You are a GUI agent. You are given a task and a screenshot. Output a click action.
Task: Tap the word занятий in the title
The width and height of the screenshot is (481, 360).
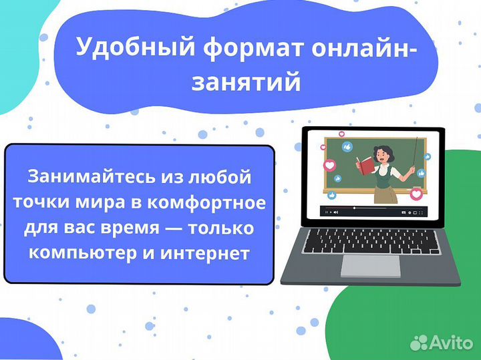click(x=245, y=82)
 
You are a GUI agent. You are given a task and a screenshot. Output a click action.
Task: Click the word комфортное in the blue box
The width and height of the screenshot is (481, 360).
click(x=215, y=202)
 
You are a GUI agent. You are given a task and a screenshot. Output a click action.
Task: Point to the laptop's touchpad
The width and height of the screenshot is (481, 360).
click(x=370, y=266)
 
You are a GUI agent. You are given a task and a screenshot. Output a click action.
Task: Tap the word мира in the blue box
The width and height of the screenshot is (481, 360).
click(x=110, y=202)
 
